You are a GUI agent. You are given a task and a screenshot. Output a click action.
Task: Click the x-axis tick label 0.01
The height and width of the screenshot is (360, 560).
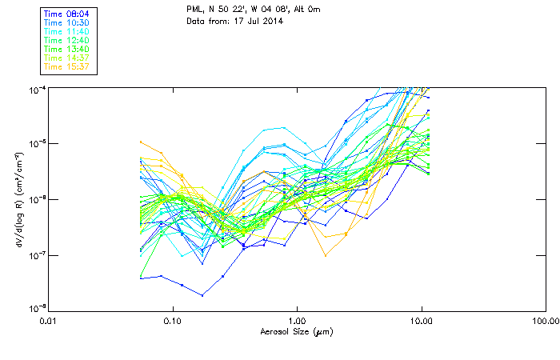pos(48,321)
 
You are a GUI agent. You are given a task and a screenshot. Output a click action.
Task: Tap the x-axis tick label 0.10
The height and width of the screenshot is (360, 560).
pos(172,321)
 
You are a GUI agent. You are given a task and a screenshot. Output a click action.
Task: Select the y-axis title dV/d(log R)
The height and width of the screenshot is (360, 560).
pos(18,198)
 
